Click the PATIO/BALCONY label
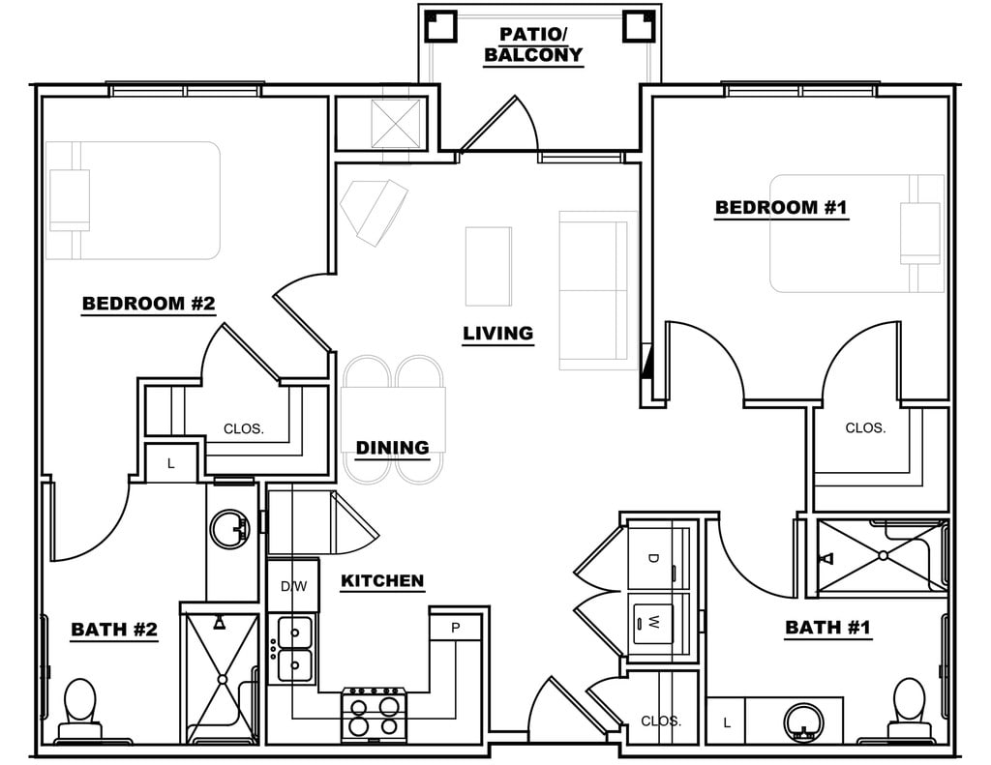(x=533, y=44)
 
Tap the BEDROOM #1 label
(x=781, y=208)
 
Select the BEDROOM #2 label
(x=148, y=304)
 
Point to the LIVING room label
(x=497, y=334)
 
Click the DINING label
(x=392, y=448)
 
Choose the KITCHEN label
(x=382, y=581)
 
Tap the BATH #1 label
(x=827, y=628)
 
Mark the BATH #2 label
(x=114, y=631)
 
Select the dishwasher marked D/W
(x=293, y=586)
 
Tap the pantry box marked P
(x=456, y=627)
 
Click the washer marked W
(x=654, y=620)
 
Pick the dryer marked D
(x=654, y=559)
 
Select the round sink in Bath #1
(x=801, y=721)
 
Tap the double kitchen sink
(x=294, y=648)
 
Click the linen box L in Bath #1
(x=727, y=722)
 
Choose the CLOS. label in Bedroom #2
(x=243, y=428)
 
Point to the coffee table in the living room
(x=489, y=266)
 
